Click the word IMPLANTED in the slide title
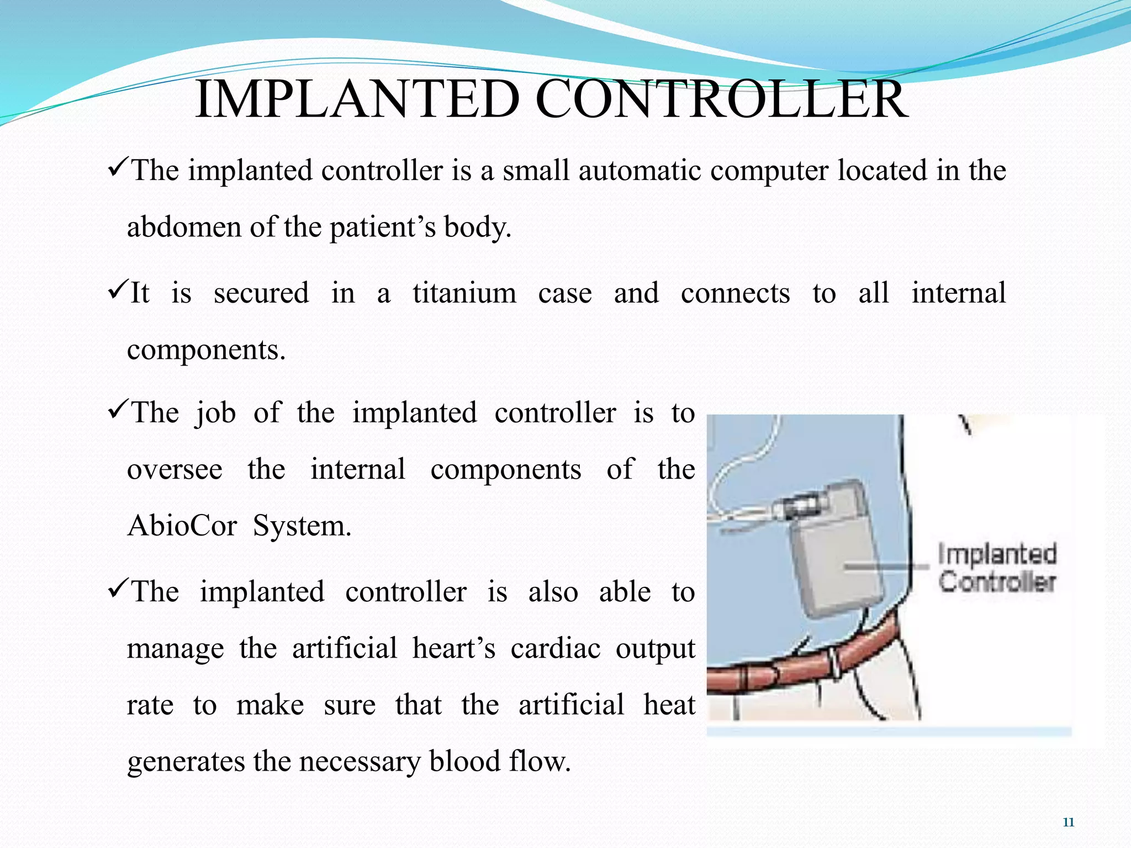point(357,99)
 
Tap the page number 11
point(1068,823)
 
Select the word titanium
point(464,293)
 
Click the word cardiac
point(555,648)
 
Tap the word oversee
point(175,470)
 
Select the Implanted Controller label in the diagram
point(997,568)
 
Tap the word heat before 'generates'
point(669,705)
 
